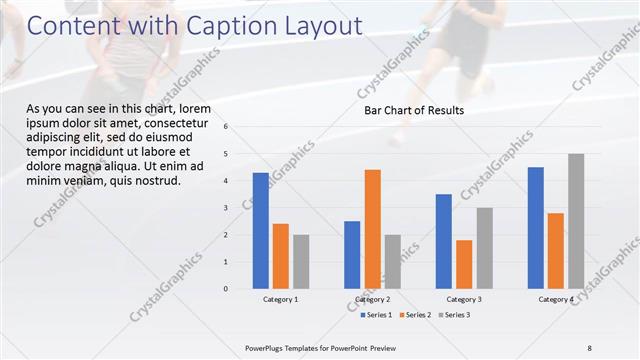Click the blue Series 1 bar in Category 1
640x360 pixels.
pos(260,231)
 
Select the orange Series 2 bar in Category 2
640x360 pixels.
pos(372,229)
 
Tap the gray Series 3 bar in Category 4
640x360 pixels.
pos(576,221)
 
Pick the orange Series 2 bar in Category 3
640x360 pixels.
pos(464,264)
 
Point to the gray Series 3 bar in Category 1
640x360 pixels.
pos(301,262)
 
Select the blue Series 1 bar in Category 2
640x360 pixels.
pos(352,255)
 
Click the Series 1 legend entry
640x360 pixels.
pos(376,315)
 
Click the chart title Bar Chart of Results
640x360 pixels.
pos(413,111)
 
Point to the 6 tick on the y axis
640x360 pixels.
pos(226,127)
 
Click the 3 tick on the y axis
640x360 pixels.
pos(226,208)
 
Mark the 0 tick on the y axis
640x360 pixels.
pos(226,289)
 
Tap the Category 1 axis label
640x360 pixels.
pos(280,299)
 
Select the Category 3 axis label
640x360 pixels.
pos(464,299)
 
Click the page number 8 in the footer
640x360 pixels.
pos(589,347)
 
